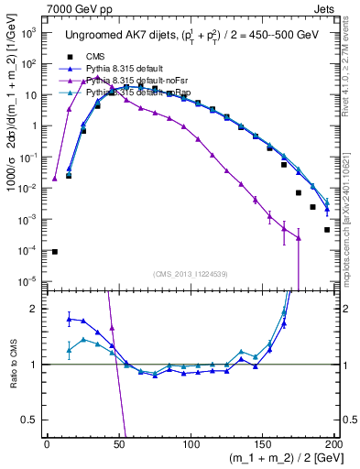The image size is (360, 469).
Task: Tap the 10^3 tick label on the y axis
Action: (x=28, y=32)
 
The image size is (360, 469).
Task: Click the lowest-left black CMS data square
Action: (x=54, y=252)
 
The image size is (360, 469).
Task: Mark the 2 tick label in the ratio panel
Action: (x=35, y=309)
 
